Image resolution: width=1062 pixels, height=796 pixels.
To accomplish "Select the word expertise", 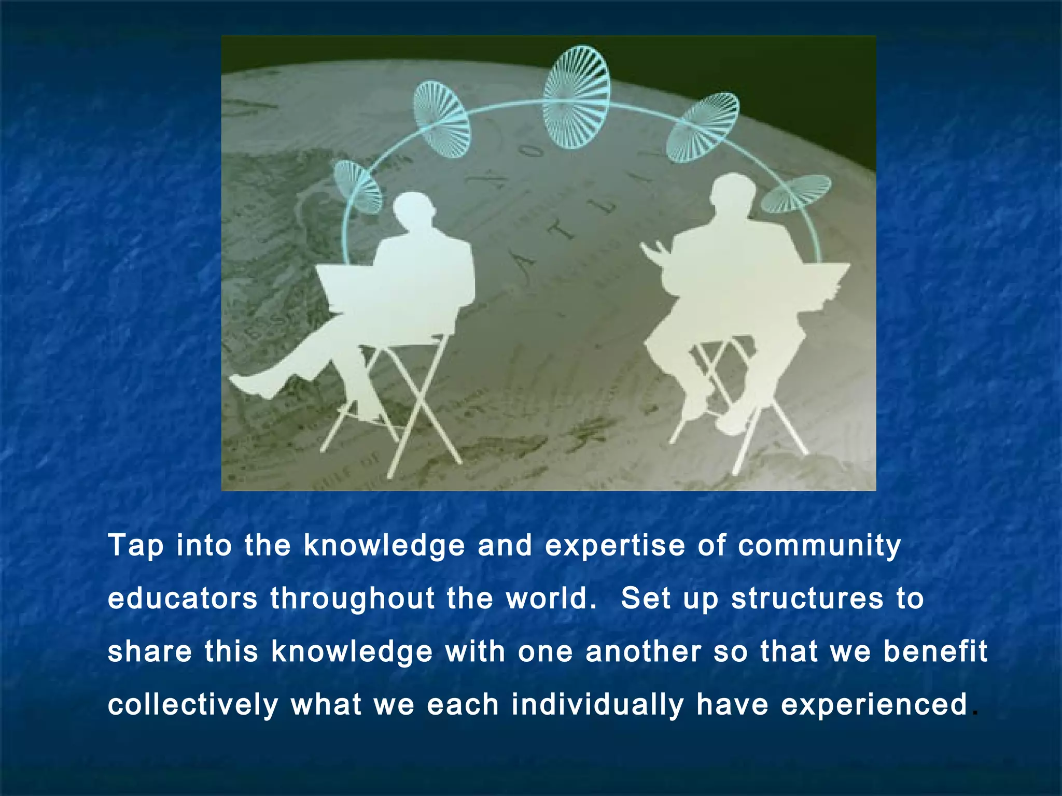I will [615, 547].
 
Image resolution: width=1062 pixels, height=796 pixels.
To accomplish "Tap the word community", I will [819, 547].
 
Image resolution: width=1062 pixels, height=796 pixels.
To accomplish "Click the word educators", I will [183, 599].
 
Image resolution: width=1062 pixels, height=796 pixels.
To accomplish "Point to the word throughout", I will [353, 599].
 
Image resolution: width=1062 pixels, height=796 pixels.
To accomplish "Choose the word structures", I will [807, 599].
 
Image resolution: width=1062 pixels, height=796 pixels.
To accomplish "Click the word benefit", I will [935, 651].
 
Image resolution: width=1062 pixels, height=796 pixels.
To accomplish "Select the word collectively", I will [193, 705].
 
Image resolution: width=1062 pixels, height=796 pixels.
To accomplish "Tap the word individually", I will [597, 705].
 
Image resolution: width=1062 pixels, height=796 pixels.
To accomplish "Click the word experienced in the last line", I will [874, 705].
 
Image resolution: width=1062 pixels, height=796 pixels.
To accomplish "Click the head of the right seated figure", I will [732, 192].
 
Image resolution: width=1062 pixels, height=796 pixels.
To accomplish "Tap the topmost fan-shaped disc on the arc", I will [576, 97].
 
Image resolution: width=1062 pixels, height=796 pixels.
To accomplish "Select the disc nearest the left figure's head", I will [357, 187].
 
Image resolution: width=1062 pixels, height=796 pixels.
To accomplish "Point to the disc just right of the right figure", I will [796, 193].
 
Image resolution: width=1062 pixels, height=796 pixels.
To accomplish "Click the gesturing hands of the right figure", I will [654, 251].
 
